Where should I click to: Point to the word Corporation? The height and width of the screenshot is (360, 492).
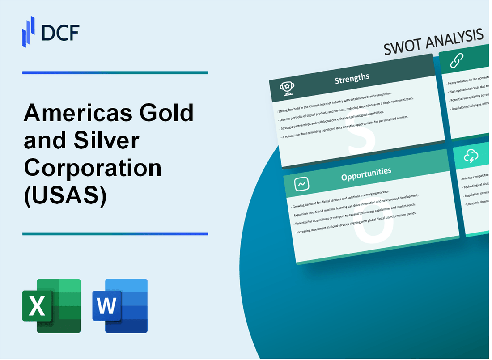(93, 169)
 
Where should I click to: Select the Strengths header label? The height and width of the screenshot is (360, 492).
(352, 78)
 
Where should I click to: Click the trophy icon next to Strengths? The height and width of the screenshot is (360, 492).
(286, 88)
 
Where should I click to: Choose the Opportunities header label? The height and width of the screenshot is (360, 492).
(366, 171)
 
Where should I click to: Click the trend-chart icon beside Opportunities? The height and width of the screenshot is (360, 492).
(301, 183)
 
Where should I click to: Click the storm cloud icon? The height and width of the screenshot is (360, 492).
(472, 156)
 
